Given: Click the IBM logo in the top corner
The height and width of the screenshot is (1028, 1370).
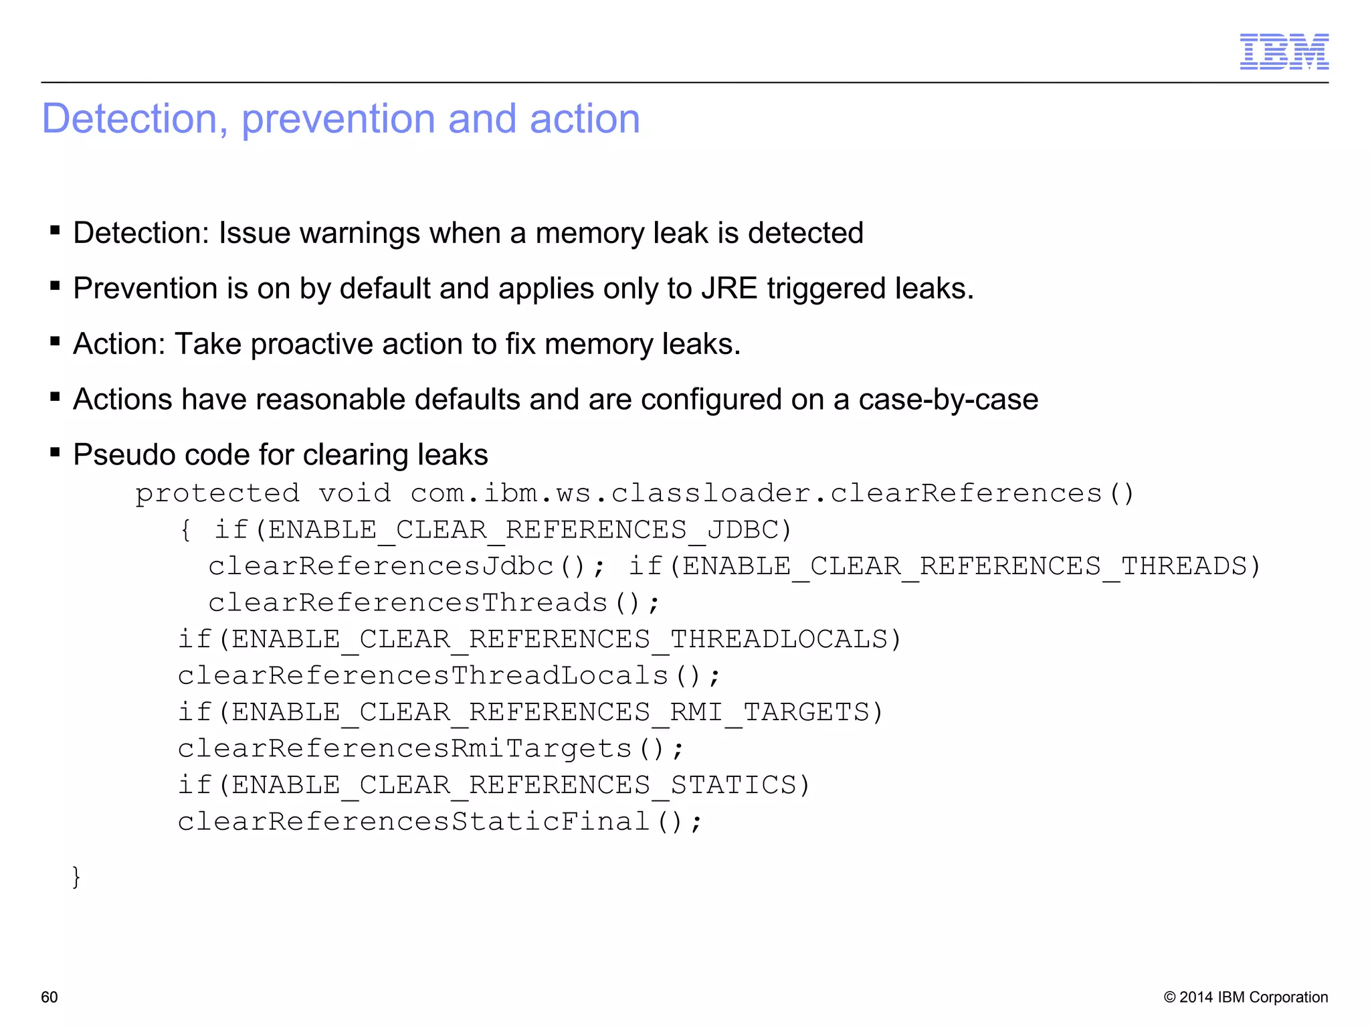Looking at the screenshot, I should (x=1284, y=52).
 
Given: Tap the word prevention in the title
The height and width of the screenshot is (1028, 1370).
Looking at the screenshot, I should (x=338, y=119).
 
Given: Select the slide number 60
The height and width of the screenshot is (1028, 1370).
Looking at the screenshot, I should (x=50, y=997).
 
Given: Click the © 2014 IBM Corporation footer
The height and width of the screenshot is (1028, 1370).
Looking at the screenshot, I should (x=1246, y=997).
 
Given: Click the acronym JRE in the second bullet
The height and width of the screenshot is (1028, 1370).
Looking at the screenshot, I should (x=728, y=288).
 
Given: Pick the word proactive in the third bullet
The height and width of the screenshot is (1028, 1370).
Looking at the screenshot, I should (x=311, y=345).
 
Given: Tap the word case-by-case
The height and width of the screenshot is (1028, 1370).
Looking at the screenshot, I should (x=948, y=400).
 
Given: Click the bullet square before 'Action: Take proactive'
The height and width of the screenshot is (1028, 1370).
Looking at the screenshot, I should (x=56, y=342).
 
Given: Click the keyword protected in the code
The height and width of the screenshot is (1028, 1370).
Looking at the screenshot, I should (x=217, y=493).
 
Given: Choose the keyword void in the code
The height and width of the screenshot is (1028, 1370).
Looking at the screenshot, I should (x=355, y=493).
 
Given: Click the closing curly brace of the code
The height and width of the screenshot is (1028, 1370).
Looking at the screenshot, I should (x=76, y=876).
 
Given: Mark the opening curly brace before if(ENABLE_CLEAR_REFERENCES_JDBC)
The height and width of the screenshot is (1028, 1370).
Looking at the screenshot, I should (x=186, y=530).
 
